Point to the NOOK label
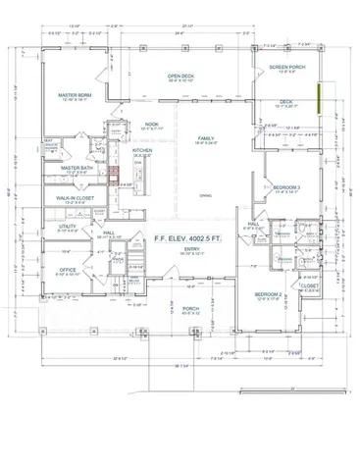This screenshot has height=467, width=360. point(150,125)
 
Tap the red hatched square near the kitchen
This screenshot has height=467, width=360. point(115,177)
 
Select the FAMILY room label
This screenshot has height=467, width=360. point(206,138)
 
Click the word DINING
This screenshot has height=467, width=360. point(205,195)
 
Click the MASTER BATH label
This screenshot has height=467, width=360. point(76,168)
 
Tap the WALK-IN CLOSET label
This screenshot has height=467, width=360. point(76,198)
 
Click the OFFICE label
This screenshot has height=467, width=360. point(68,269)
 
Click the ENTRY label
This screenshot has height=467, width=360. point(191,249)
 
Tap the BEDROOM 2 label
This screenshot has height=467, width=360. point(268,294)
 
